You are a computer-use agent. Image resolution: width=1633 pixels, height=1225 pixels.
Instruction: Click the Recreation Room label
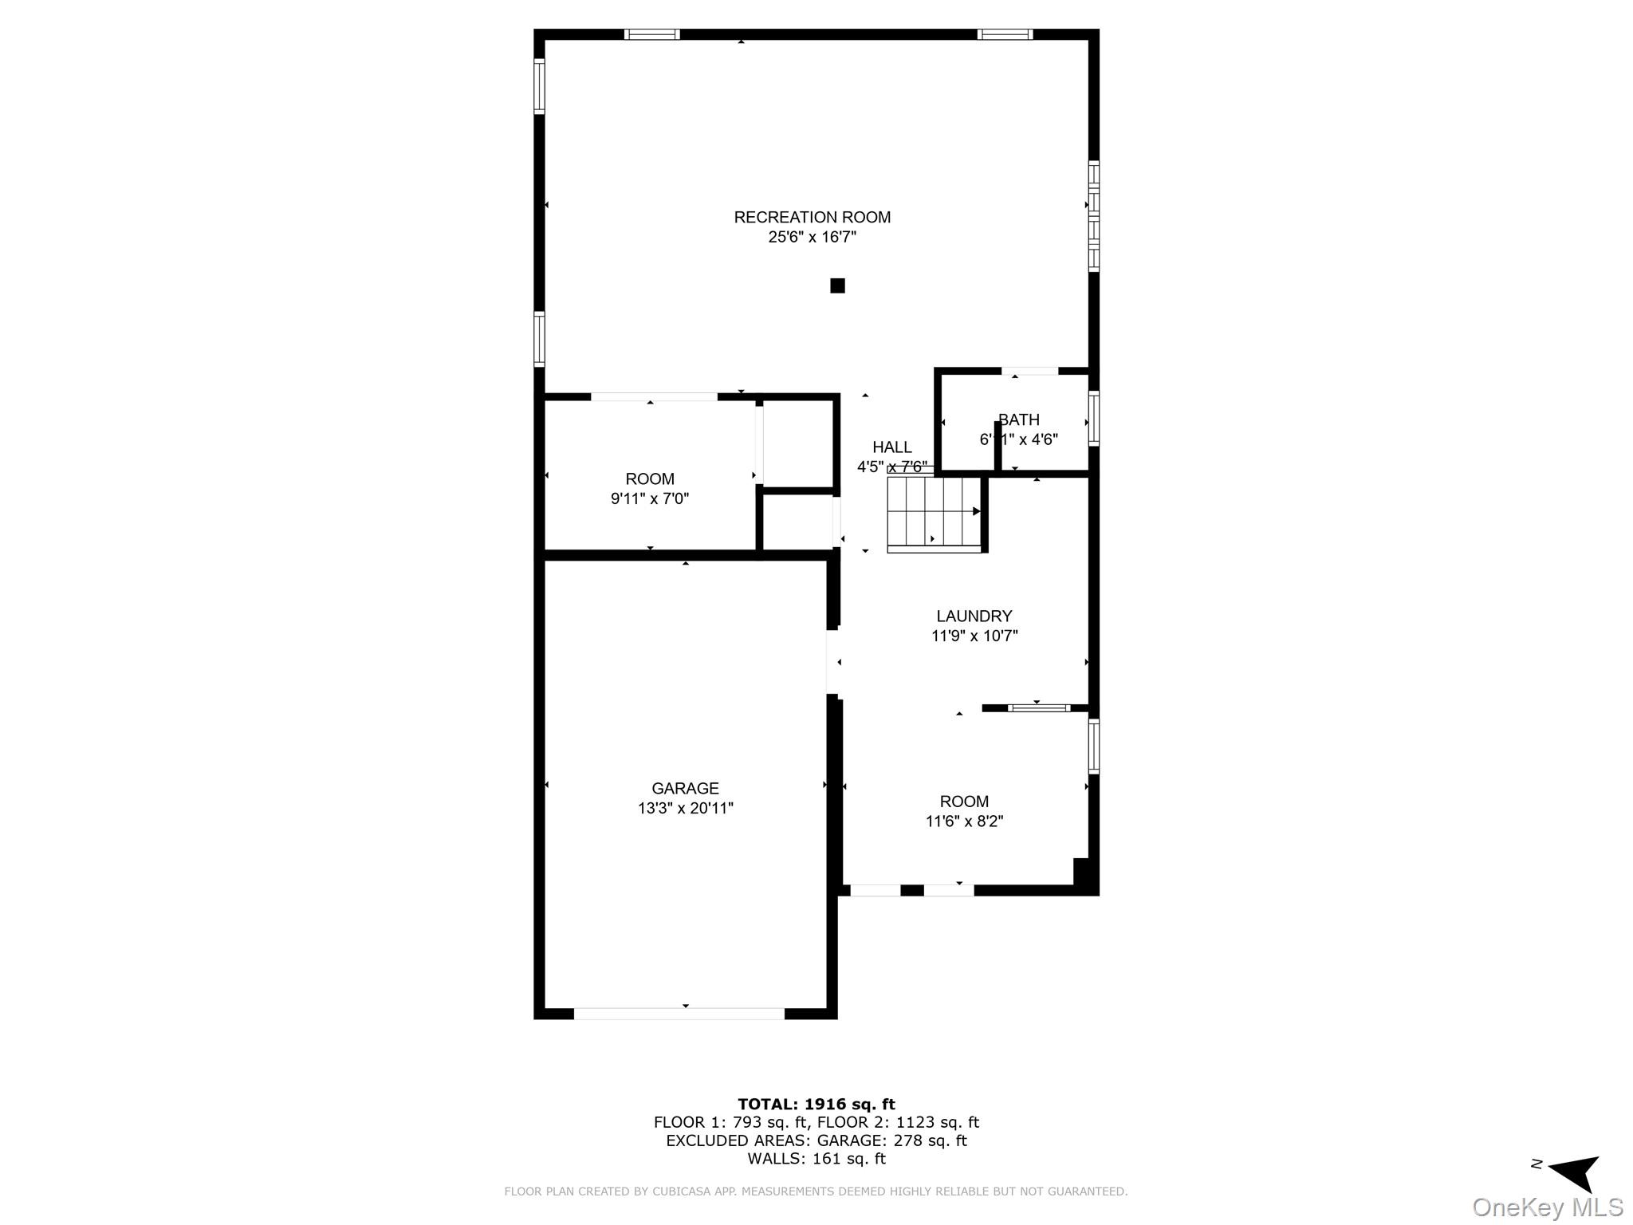(812, 217)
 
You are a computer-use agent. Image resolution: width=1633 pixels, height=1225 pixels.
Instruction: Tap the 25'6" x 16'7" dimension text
(812, 237)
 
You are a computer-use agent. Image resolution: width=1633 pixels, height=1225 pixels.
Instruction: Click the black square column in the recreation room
(837, 286)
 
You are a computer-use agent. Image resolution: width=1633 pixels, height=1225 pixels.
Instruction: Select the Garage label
(685, 788)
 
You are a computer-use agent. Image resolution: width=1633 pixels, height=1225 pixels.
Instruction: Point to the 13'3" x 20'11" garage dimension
(685, 808)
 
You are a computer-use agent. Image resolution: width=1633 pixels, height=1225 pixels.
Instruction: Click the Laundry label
(974, 616)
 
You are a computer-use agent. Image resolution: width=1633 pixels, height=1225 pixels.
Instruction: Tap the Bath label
(1018, 419)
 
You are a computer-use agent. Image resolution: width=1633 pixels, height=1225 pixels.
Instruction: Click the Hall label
(891, 447)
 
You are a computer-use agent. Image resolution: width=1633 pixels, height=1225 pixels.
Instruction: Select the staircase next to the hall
(935, 514)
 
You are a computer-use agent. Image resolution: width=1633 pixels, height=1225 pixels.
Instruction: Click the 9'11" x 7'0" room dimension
(649, 498)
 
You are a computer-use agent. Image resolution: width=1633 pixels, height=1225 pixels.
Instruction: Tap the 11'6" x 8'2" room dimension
(964, 821)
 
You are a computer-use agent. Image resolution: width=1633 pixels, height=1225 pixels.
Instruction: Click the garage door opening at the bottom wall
(679, 1014)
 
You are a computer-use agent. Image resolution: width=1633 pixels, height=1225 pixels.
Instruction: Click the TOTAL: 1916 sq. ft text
(816, 1104)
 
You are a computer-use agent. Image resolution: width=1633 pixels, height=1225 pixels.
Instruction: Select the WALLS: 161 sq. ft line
(816, 1159)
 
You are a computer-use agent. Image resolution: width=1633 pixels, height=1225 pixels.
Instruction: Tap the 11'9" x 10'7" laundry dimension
(974, 636)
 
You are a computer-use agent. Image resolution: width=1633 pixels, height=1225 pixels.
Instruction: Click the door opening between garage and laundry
(832, 662)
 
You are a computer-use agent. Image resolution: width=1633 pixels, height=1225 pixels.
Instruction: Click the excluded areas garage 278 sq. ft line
(816, 1140)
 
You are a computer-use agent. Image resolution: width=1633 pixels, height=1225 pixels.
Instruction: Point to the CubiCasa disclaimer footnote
(816, 1192)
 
